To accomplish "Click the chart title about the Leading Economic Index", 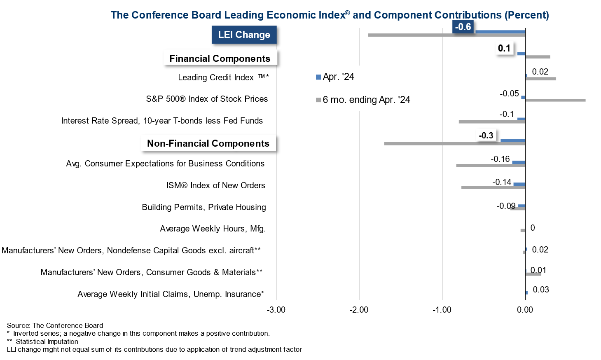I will coord(330,15).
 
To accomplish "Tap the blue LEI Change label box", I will coord(244,35).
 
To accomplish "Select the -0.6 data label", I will coord(463,27).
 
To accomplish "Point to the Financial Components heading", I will coord(220,58).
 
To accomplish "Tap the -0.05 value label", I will coord(509,94).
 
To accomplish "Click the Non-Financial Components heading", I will coord(208,143).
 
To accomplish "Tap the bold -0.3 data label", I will coord(486,136).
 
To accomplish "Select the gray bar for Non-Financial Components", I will coord(453,144).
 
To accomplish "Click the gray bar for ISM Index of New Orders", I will coord(493,187).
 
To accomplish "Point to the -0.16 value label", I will coord(500,159).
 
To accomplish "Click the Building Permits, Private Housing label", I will coord(204,207).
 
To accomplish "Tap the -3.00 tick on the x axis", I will coord(276,310).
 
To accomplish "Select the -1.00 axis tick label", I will coord(442,310).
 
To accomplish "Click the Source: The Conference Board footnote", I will coord(55,325).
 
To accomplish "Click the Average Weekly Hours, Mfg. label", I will coord(213,229).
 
